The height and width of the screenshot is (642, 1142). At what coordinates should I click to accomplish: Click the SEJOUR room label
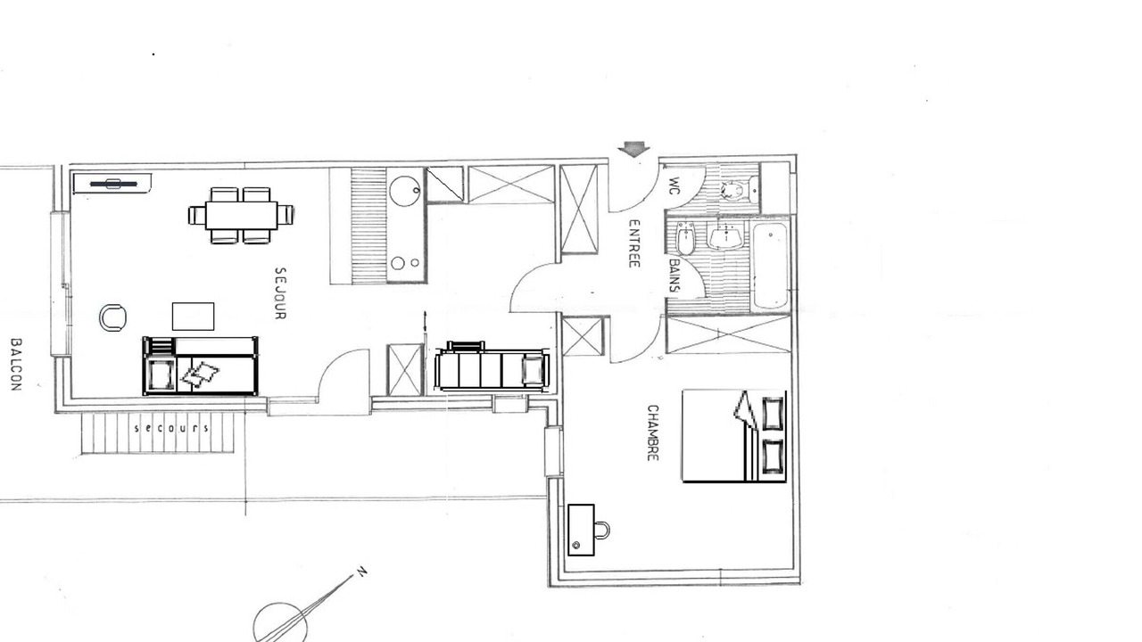click(280, 293)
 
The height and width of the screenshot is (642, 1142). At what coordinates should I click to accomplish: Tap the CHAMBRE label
click(652, 432)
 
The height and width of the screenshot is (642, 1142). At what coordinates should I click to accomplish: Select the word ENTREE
click(633, 243)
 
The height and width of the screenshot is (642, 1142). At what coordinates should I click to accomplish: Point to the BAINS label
click(674, 276)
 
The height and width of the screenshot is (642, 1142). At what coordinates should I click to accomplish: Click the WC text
click(674, 186)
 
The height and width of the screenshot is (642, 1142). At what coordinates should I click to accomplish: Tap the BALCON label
click(16, 365)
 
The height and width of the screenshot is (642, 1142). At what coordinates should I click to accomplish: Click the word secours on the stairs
click(171, 428)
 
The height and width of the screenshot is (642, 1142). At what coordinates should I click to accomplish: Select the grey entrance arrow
click(633, 150)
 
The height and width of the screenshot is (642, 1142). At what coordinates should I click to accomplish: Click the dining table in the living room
click(241, 216)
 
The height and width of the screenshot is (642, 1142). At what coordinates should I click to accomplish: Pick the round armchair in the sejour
click(112, 317)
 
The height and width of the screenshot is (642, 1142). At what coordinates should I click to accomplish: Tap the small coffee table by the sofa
click(193, 317)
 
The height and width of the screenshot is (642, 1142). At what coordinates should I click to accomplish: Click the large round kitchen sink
click(405, 191)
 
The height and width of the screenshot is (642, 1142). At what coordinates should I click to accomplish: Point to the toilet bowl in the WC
click(732, 191)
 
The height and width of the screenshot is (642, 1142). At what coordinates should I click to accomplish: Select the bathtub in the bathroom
click(770, 266)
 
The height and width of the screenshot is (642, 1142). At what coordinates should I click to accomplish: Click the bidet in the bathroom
click(686, 238)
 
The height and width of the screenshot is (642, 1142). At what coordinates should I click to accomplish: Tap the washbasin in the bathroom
click(725, 237)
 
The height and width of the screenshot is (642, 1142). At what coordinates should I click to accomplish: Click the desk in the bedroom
click(581, 530)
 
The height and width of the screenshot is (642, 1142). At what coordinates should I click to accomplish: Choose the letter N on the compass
click(361, 572)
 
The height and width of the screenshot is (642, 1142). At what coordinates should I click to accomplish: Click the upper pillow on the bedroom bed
click(773, 414)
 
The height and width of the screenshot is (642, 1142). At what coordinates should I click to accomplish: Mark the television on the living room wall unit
click(113, 184)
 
